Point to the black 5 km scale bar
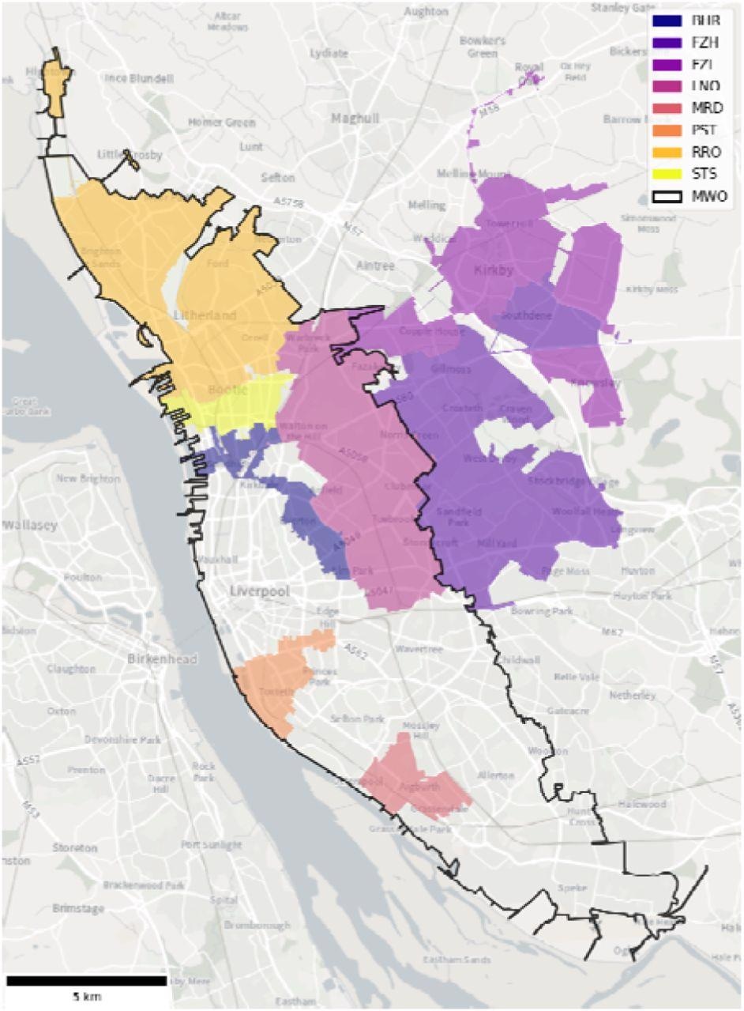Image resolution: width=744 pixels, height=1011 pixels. pos(86,980)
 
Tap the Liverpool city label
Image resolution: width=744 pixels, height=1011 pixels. pos(261,591)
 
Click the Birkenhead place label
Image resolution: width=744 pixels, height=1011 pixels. pos(163,658)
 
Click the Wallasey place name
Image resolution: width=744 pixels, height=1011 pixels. pos(32,525)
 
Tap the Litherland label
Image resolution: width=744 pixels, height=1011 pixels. pos(205,315)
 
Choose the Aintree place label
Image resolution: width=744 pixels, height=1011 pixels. pos(374,266)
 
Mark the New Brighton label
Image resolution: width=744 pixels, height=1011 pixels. pos(88,478)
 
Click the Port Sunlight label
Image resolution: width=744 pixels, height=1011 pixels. pos(211,844)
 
